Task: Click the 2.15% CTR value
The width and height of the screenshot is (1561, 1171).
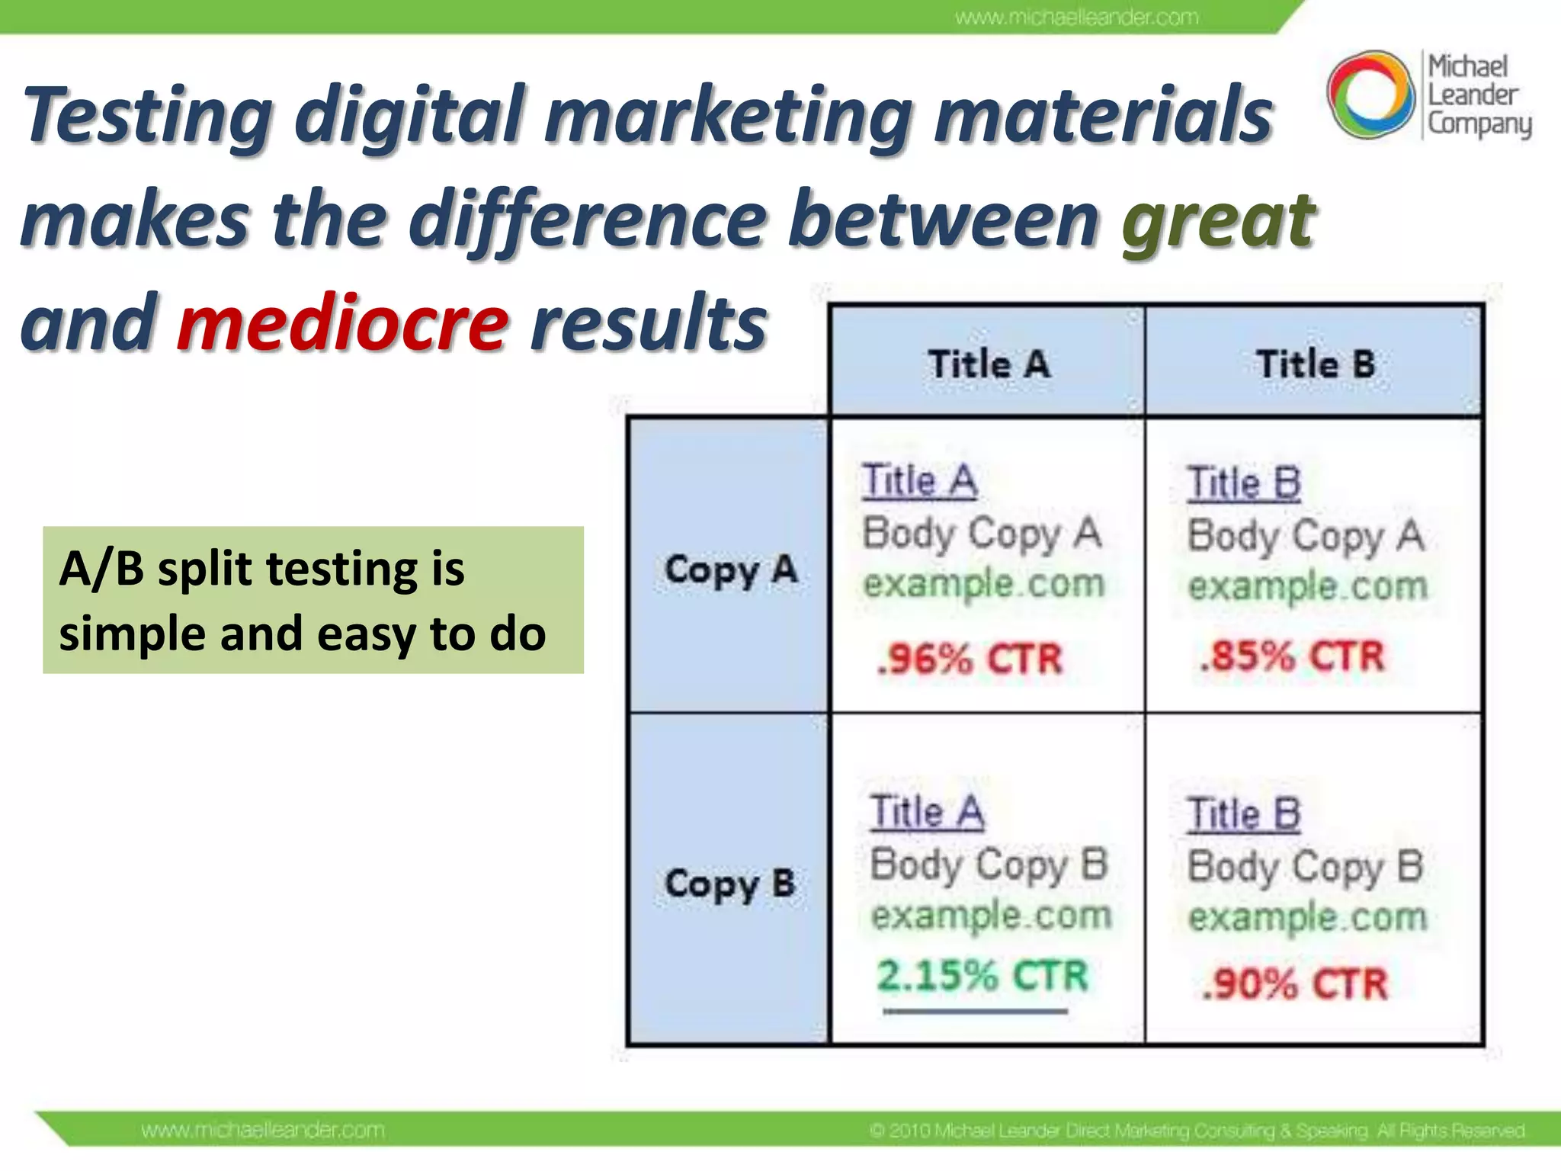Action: pos(982,976)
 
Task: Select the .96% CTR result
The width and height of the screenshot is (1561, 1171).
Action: pos(969,659)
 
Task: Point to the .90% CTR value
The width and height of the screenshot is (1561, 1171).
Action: pos(1293,983)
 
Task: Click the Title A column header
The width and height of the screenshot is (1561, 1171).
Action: pos(989,364)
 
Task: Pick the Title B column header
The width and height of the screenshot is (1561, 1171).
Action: pos(1315,364)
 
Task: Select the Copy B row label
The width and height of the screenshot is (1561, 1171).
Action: pos(730,884)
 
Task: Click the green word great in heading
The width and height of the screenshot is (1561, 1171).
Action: pos(1217,221)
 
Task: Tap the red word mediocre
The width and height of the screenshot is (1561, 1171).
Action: pos(342,324)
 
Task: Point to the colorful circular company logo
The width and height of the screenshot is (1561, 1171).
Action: pos(1370,95)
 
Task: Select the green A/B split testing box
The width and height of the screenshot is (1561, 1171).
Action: pos(313,600)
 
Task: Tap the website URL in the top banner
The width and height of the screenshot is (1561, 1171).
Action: pos(1076,17)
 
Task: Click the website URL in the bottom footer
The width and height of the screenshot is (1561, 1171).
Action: pos(263,1130)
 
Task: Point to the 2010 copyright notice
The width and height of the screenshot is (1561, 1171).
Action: pos(1197,1130)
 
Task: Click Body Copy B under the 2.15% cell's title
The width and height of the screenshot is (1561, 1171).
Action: pos(989,865)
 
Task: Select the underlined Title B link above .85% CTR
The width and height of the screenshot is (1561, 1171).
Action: pos(1243,483)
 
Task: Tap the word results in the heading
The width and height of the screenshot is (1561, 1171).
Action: pos(648,324)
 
